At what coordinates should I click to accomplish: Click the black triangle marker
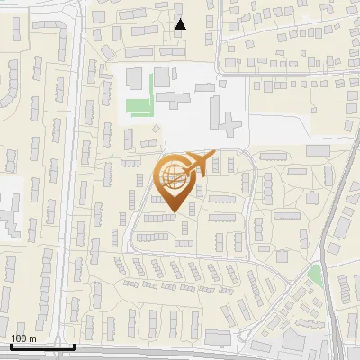(x=180, y=24)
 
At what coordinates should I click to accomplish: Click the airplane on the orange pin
(x=199, y=163)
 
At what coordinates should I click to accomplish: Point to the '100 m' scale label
(x=22, y=338)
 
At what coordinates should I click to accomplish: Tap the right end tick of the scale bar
(x=74, y=345)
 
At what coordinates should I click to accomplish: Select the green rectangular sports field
(x=139, y=107)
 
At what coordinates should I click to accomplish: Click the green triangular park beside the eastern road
(x=315, y=274)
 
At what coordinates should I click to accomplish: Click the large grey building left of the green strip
(x=133, y=78)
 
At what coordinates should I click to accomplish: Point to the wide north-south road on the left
(x=68, y=180)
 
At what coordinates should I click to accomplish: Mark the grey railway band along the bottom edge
(x=180, y=353)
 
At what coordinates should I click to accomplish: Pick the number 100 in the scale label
(x=18, y=338)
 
